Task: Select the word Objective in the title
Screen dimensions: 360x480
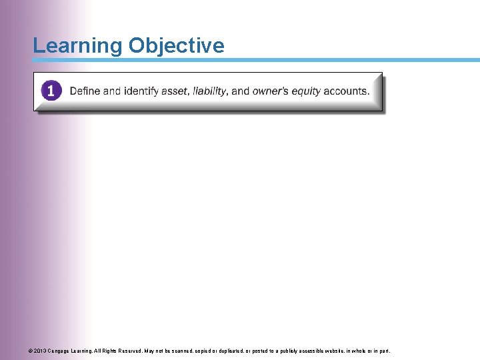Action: point(177,46)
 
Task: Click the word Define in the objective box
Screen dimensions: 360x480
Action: point(85,91)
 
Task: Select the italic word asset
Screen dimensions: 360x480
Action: point(174,91)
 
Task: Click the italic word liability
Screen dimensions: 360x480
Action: point(210,91)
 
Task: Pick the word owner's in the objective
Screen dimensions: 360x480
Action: point(270,91)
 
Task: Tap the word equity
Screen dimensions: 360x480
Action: point(307,91)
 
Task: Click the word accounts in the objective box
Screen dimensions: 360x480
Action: point(347,91)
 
